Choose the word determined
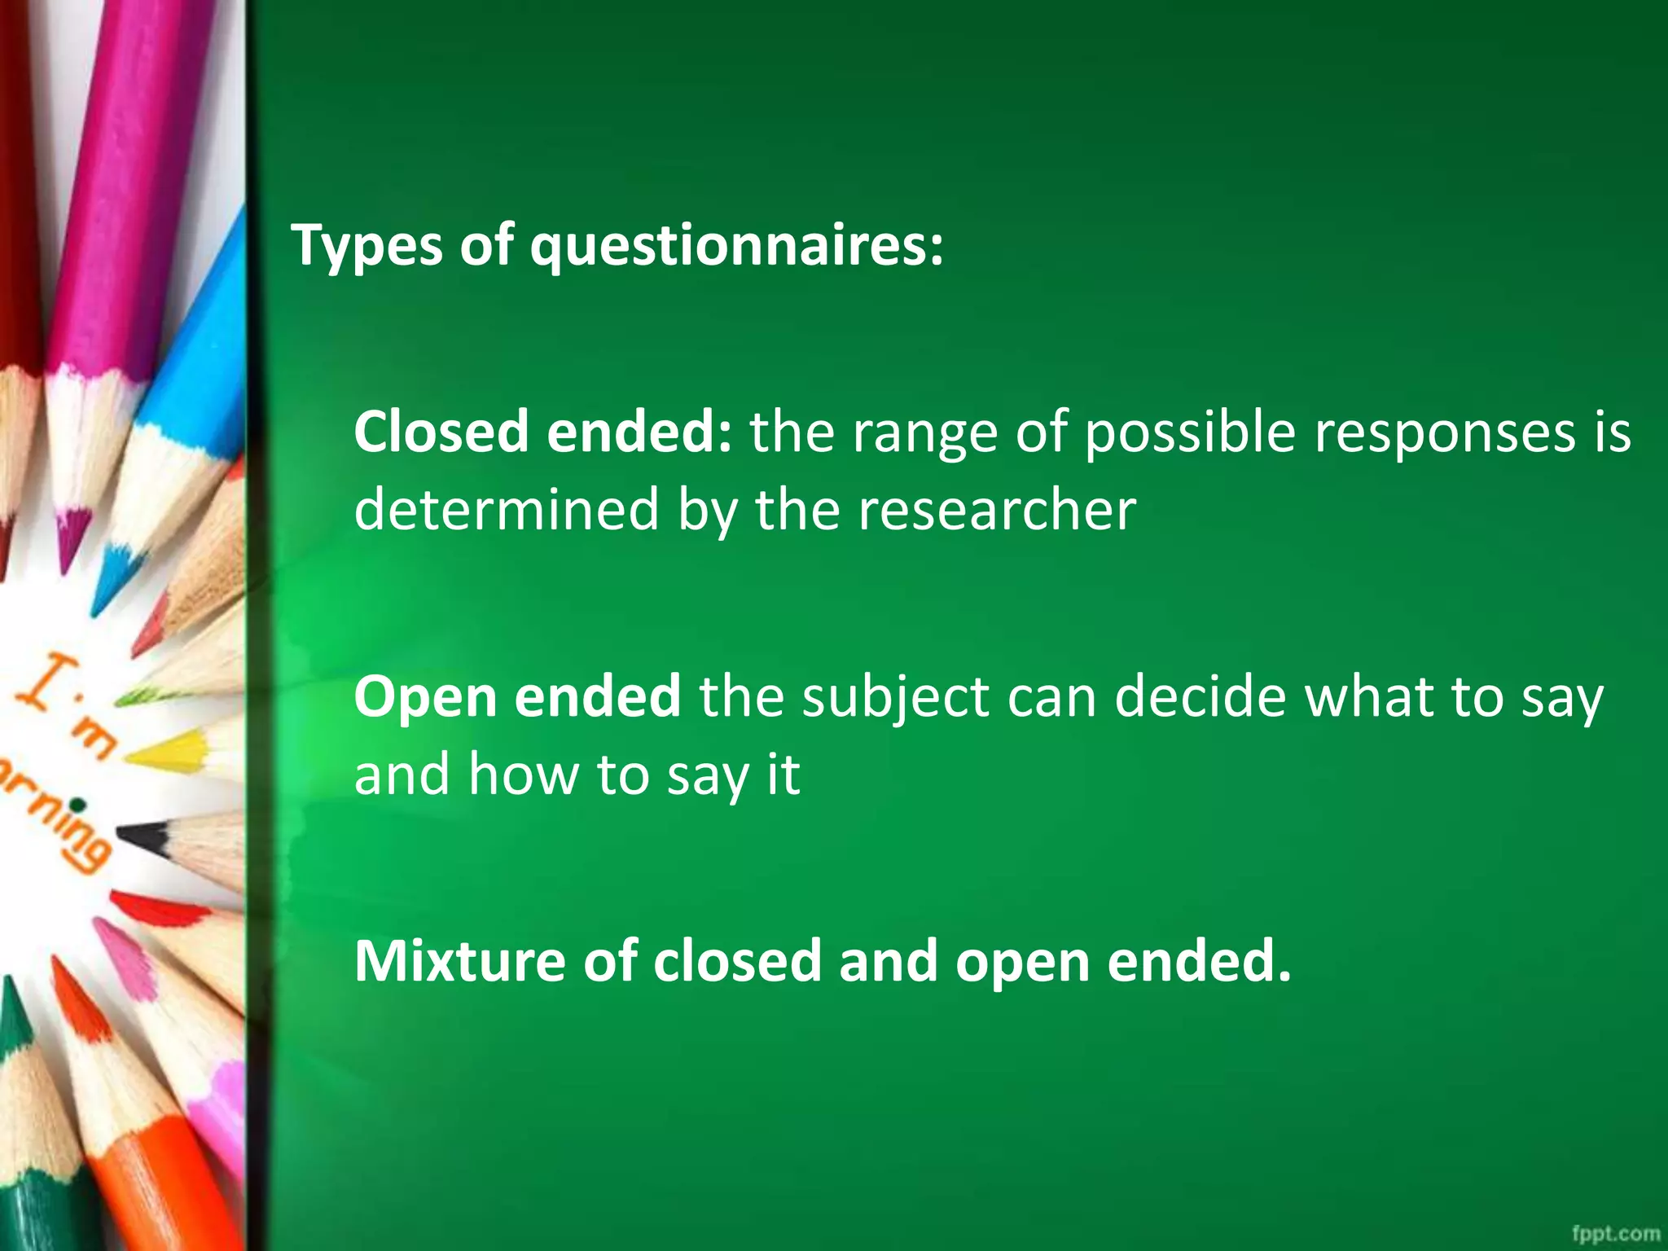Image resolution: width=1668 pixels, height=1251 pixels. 507,510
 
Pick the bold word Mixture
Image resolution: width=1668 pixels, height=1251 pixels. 459,961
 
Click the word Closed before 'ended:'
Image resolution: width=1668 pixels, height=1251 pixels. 441,432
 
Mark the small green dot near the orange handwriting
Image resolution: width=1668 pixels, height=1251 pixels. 77,805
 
